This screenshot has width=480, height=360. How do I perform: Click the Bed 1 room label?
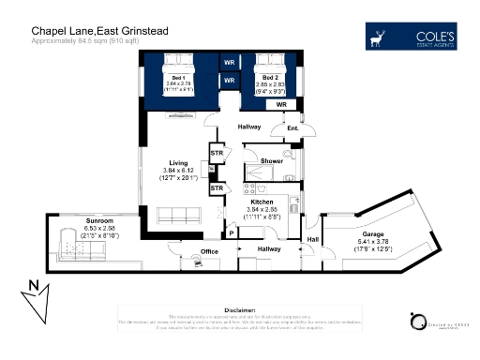177,78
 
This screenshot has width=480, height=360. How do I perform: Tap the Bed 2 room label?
270,78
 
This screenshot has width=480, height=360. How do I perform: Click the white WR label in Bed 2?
280,105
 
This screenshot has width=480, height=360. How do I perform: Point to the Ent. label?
292,127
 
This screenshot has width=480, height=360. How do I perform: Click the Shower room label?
271,161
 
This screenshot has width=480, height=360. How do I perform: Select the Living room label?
178,162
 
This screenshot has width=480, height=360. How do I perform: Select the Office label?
209,252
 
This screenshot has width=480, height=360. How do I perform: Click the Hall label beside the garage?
311,240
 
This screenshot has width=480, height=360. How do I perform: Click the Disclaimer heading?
240,309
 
